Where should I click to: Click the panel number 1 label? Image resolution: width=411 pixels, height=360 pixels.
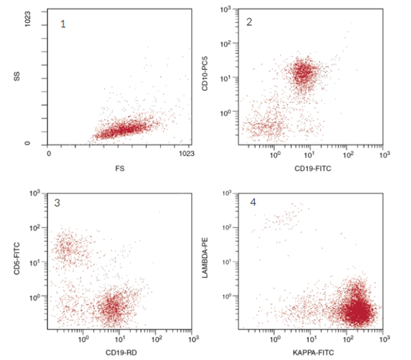pyautogui.click(x=63, y=24)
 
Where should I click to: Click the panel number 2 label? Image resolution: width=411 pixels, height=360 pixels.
pyautogui.click(x=250, y=22)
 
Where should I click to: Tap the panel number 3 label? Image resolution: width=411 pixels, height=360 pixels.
pyautogui.click(x=58, y=203)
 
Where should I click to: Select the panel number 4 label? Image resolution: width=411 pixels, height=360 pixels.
pyautogui.click(x=253, y=201)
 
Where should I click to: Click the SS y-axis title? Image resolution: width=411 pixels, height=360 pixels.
pyautogui.click(x=18, y=78)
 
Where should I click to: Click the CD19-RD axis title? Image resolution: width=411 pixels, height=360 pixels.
pyautogui.click(x=119, y=353)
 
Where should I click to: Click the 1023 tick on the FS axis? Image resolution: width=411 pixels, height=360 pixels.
pyautogui.click(x=186, y=154)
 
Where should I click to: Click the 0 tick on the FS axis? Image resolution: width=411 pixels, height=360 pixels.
pyautogui.click(x=49, y=154)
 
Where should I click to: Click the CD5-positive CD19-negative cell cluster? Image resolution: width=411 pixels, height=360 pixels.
pyautogui.click(x=68, y=249)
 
